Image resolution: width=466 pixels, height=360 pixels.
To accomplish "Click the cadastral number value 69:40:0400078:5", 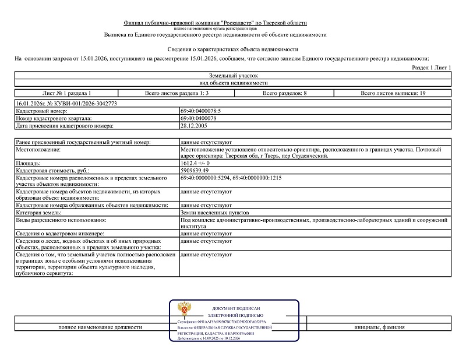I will [x=201, y=111].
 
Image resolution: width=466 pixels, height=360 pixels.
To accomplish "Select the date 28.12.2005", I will [x=195, y=125].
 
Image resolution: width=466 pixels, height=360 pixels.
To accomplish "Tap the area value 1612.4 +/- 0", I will [x=195, y=163].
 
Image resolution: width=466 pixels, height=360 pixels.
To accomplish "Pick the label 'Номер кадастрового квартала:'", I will [x=55, y=118].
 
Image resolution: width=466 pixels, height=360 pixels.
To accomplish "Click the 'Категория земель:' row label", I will [x=41, y=213].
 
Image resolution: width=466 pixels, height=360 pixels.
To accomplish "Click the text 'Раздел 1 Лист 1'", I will [x=432, y=68].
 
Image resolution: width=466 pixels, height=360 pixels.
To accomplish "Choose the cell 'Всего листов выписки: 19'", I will [x=393, y=93].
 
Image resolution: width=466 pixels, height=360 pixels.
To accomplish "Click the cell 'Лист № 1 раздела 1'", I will [x=67, y=93].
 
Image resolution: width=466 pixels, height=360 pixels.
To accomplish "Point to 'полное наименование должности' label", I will [x=100, y=327].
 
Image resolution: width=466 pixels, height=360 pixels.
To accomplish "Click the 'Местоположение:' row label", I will [x=38, y=150].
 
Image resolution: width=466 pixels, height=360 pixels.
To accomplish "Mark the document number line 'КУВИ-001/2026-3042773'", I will [x=67, y=103].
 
